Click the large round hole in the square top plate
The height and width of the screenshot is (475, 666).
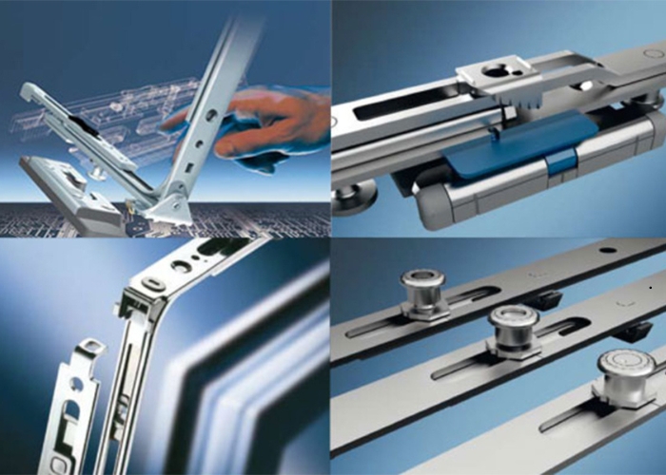[x=498, y=69]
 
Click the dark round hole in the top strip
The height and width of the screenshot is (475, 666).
[x=607, y=250]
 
